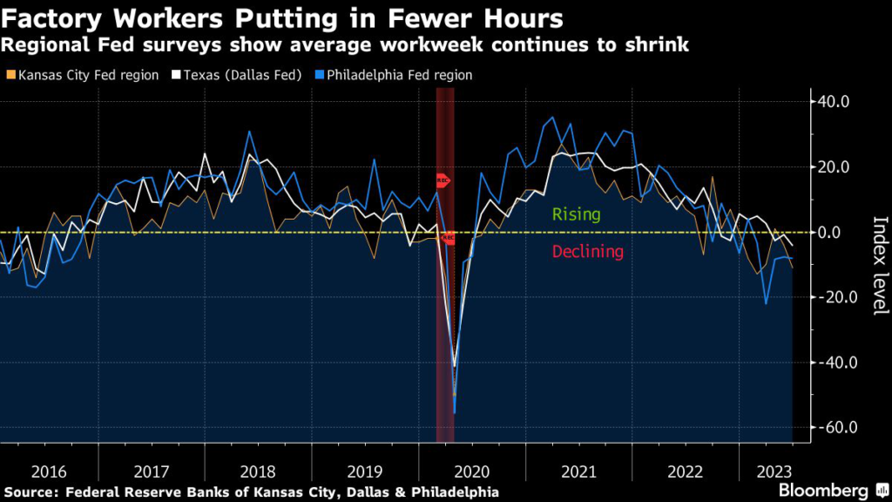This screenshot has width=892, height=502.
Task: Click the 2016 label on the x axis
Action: click(x=49, y=471)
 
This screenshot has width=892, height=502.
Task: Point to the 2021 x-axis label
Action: click(x=575, y=471)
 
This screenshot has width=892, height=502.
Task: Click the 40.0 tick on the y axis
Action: click(x=832, y=101)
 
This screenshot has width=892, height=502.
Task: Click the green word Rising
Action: click(x=576, y=214)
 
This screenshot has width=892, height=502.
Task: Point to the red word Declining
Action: click(x=587, y=252)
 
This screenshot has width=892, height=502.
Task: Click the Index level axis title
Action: click(x=878, y=265)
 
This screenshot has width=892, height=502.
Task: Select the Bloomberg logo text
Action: click(x=823, y=490)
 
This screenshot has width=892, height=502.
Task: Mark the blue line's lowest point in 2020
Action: click(x=455, y=410)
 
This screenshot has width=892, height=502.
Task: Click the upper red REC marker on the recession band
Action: click(x=443, y=180)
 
